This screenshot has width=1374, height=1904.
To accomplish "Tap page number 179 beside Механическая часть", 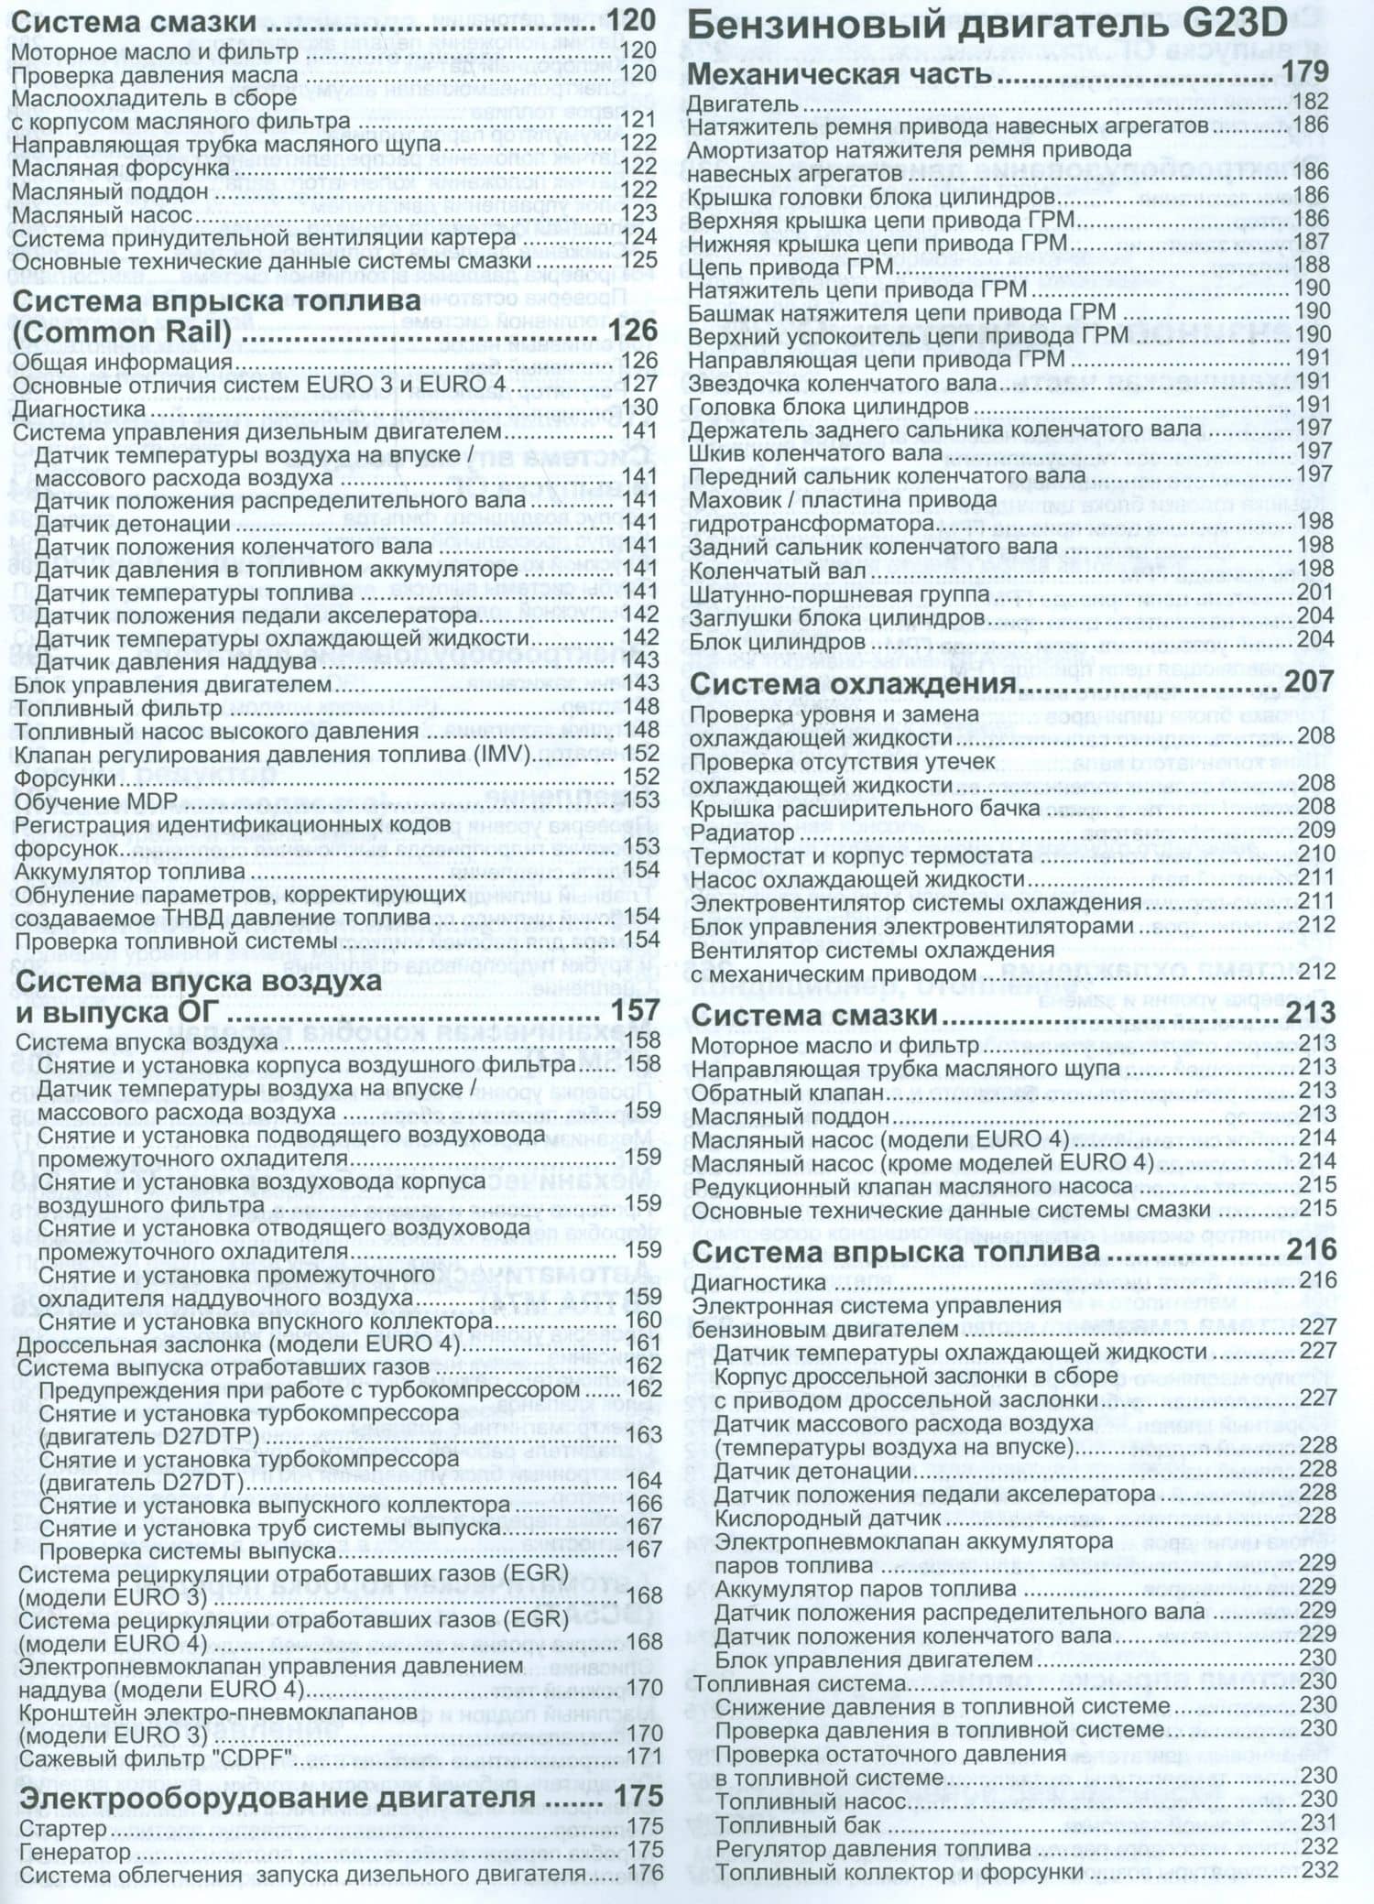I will (1308, 72).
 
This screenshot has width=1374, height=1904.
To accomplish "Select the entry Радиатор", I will (742, 832).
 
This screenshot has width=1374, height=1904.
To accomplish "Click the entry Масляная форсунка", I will (120, 168).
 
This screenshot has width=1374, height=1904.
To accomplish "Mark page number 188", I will (1312, 265).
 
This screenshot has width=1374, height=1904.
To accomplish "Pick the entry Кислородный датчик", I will (826, 1518).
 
